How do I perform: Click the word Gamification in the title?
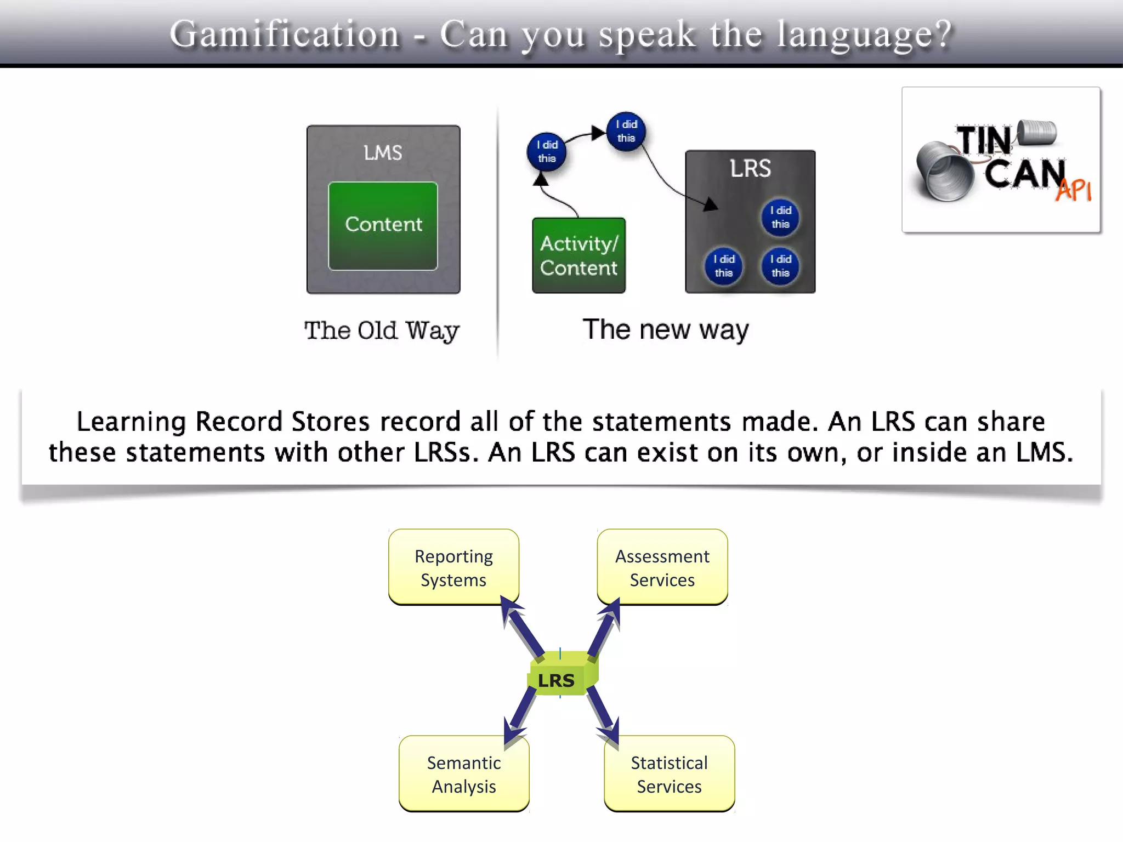pos(285,34)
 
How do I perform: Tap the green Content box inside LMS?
pos(383,225)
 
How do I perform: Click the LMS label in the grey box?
pos(383,152)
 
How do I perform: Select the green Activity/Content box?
pos(578,255)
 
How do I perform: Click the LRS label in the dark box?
pos(750,168)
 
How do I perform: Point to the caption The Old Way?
pos(382,331)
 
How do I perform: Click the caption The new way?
pos(665,330)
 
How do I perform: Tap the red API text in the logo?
pos(1074,190)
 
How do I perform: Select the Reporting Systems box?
pos(453,567)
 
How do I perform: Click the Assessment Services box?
pos(662,567)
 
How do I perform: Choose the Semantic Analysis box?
pos(464,774)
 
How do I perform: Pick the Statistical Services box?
pos(669,774)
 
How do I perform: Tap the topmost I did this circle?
pos(626,131)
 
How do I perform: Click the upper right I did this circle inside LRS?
pos(780,217)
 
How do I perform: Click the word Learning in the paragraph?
pos(131,422)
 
